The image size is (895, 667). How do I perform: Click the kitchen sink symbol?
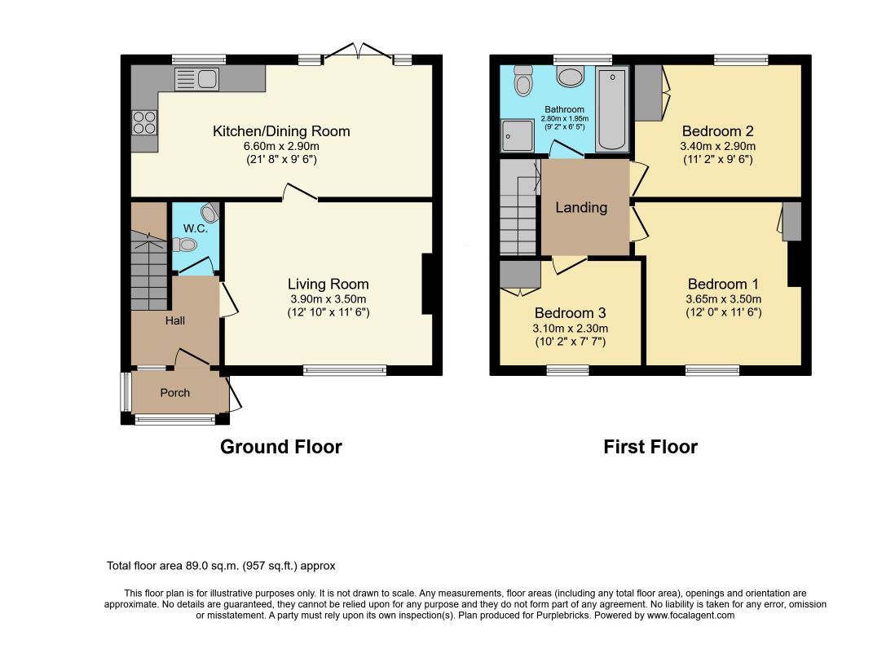coord(196,79)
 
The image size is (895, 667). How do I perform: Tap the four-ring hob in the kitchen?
coord(144,123)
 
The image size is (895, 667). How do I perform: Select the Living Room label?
coord(328,284)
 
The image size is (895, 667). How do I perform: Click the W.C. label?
coord(195,228)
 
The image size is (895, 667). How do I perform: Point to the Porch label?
coord(174,393)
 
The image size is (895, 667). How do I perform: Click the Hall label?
coord(175,321)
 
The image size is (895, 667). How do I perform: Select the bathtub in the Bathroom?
coord(612,108)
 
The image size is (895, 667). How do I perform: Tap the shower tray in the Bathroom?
coord(517,136)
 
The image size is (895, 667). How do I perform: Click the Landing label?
coord(581,207)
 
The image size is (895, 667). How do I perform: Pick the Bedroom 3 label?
coord(571,313)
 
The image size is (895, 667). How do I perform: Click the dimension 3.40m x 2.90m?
coord(717,146)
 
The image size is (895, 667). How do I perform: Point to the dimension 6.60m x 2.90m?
coord(281,146)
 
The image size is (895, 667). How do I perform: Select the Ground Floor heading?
coord(281,447)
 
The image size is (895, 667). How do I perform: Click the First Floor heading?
coord(650,447)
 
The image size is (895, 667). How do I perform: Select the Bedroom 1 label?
coord(723,284)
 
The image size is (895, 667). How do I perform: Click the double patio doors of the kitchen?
coord(358,51)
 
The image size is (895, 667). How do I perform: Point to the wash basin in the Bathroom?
coord(571,76)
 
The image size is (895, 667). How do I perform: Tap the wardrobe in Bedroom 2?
coord(649,92)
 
